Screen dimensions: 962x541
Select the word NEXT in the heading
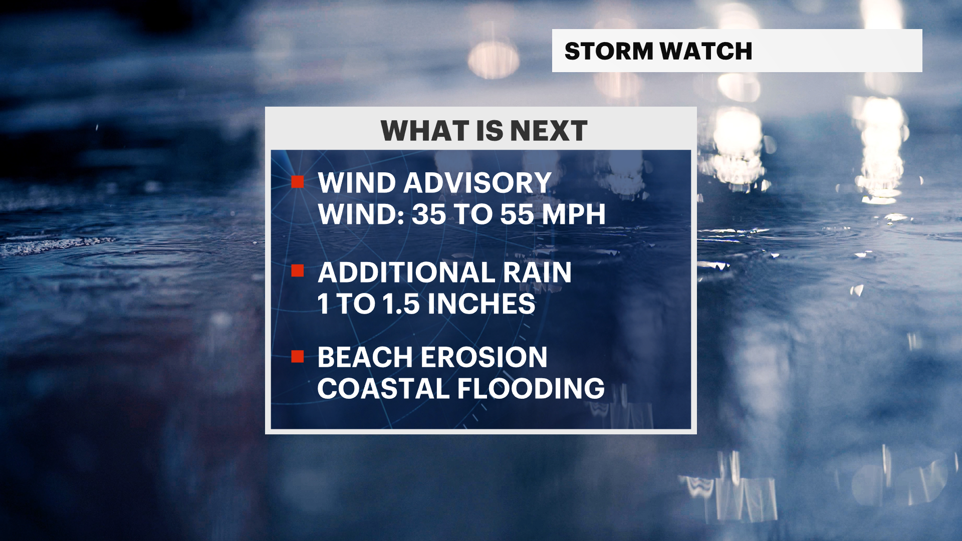[x=549, y=131]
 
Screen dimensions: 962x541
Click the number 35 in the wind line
[x=429, y=214]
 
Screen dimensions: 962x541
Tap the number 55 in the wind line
[x=517, y=214]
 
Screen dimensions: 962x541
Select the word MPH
[x=574, y=214]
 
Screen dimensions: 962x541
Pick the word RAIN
[x=538, y=273]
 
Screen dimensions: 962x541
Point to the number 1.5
[x=401, y=304]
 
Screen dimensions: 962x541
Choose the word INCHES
[x=482, y=304]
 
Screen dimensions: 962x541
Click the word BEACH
[x=365, y=357]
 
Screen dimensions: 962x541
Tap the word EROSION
[x=484, y=357]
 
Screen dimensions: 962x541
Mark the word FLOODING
[x=531, y=389]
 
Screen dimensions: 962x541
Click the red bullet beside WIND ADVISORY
[x=298, y=182]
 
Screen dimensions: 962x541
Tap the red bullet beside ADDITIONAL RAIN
[x=298, y=271]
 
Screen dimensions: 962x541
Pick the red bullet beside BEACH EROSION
[x=298, y=356]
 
